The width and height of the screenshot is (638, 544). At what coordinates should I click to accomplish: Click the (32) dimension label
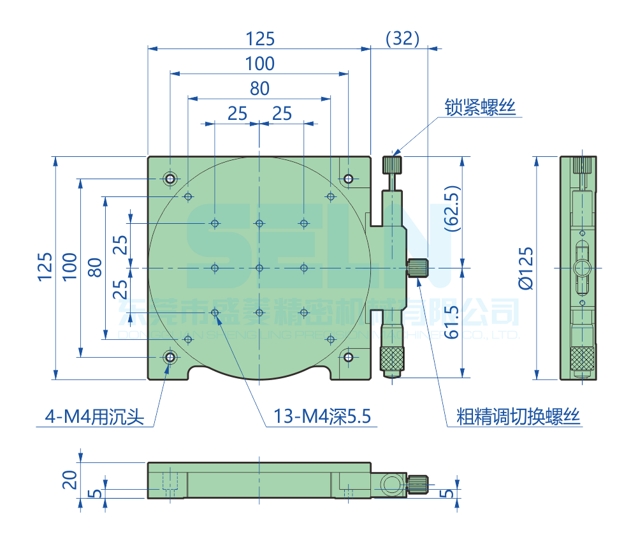click(403, 39)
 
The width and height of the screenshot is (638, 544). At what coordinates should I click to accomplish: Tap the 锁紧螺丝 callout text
click(479, 108)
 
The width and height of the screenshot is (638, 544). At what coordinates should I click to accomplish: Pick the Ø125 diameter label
click(526, 268)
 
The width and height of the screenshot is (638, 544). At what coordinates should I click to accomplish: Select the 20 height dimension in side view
click(70, 478)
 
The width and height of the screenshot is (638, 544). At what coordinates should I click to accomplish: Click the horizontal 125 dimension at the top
click(259, 39)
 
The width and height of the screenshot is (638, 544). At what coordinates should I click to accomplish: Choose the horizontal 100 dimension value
click(259, 64)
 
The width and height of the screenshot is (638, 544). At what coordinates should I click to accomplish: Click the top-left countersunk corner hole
click(170, 178)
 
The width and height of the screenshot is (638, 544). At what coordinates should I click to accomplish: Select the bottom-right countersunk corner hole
click(349, 357)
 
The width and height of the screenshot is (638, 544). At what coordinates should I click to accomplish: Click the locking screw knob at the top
click(392, 165)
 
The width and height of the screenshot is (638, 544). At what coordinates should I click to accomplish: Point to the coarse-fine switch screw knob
click(418, 267)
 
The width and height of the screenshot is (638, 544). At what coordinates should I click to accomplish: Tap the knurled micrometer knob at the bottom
click(392, 358)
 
